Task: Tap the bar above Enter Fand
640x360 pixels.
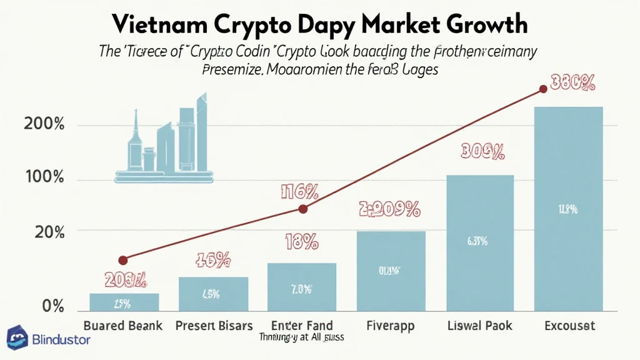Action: [x=302, y=287]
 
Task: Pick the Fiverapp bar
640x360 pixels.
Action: [x=391, y=271]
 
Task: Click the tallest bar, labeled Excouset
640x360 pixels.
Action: [x=568, y=209]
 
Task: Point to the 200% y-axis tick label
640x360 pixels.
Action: [x=44, y=124]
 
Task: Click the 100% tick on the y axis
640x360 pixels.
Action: [x=44, y=177]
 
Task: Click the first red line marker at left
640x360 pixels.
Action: [x=123, y=260]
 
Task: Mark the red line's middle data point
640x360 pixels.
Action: [x=303, y=209]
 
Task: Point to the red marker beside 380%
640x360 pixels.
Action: [x=543, y=89]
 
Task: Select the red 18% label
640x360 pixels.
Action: [x=302, y=241]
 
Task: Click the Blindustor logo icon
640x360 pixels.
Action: [x=17, y=337]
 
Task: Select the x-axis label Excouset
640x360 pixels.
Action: [x=569, y=326]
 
